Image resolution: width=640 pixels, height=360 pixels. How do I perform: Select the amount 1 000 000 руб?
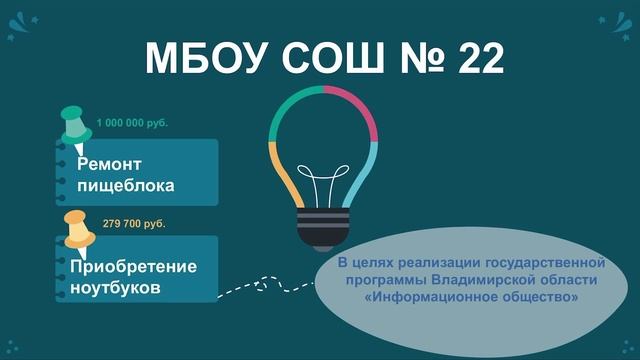coord(133,122)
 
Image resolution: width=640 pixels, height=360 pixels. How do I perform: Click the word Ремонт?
coord(110,163)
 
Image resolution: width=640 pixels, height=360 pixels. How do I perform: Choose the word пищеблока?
coord(126,185)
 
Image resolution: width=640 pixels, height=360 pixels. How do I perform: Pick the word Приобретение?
coord(134,267)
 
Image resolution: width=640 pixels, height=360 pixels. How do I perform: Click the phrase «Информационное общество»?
coord(457,297)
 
